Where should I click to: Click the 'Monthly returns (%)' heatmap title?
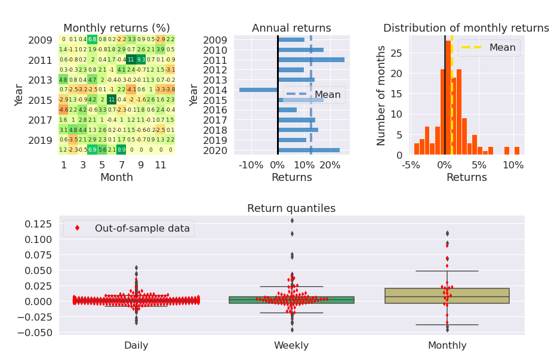coord(116,28)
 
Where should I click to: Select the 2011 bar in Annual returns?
coord(311,60)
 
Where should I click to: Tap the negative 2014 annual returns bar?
coord(258,90)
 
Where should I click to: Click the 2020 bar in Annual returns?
coord(309,150)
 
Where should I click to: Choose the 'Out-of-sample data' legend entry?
coord(129,228)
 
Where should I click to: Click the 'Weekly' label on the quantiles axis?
coord(291,345)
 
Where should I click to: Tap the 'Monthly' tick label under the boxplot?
coord(447,345)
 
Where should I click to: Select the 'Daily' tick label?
coord(136,345)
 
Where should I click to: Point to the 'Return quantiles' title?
coord(291,208)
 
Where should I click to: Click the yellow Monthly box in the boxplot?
coord(447,296)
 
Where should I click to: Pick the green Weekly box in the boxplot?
coord(291,300)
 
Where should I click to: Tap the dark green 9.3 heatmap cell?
coord(141,60)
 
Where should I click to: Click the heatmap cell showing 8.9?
coord(122,150)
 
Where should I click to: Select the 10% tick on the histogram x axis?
coord(513,165)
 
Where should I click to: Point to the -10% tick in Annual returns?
coord(251,165)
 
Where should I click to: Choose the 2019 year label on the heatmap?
coord(41,140)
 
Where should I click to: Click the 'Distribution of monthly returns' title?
coord(466,28)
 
